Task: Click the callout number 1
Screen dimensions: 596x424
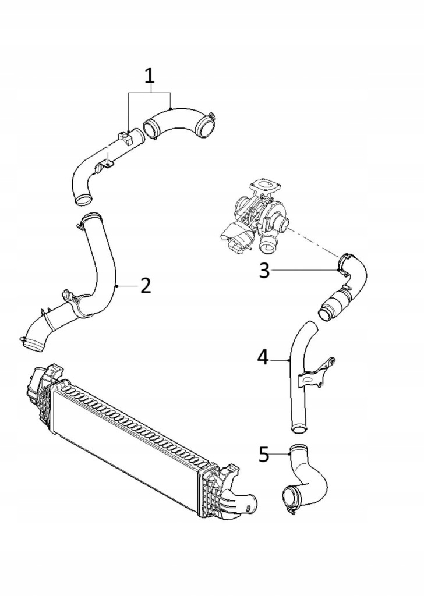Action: coord(150,76)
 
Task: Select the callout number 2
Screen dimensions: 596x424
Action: coord(146,285)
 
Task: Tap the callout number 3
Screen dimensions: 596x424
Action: coord(264,271)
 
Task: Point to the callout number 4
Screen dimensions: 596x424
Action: coord(263,357)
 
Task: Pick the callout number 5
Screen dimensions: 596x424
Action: coord(264,453)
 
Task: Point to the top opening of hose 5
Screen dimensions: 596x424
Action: coord(298,449)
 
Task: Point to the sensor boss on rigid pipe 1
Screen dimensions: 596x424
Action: coord(124,139)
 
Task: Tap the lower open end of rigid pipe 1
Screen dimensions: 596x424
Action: coord(83,200)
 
